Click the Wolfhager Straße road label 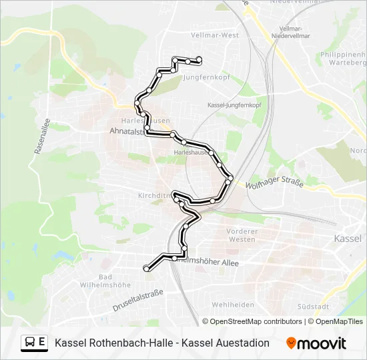tap(275, 181)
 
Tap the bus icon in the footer tap(31, 343)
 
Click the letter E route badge tap(42, 343)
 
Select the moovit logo tap(316, 343)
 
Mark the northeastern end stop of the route tap(199, 61)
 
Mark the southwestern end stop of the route tap(146, 268)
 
